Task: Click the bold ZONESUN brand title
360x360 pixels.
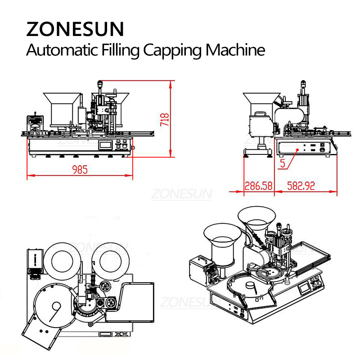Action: (x=75, y=29)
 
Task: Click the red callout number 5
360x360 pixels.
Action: (x=282, y=163)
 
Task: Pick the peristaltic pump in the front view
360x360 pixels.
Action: (x=33, y=122)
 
